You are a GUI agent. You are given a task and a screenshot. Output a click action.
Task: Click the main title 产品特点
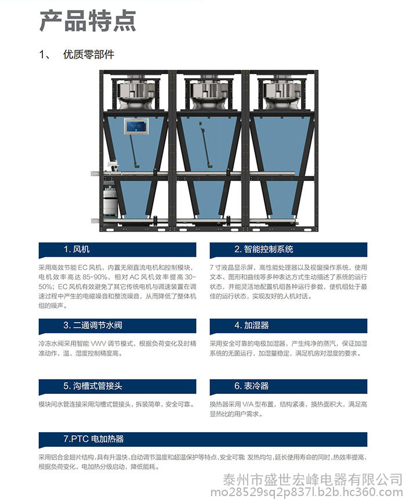pyautogui.click(x=88, y=21)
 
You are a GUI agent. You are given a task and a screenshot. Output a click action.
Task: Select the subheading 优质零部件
pyautogui.click(x=89, y=55)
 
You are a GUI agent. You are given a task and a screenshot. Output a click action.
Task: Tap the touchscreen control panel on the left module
pyautogui.click(x=136, y=126)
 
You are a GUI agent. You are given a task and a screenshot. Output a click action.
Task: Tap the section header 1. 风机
pyautogui.click(x=77, y=249)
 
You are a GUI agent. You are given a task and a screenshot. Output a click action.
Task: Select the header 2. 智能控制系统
pyautogui.click(x=264, y=249)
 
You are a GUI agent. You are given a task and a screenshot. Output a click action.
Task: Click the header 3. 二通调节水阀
pyautogui.click(x=93, y=326)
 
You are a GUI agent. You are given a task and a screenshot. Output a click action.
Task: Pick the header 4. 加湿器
pyautogui.click(x=252, y=326)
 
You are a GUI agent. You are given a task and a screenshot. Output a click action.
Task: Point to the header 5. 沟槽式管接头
pyautogui.click(x=93, y=386)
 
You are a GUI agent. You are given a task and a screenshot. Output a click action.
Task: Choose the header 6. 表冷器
pyautogui.click(x=252, y=386)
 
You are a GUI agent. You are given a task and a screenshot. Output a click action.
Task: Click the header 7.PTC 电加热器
pyautogui.click(x=93, y=439)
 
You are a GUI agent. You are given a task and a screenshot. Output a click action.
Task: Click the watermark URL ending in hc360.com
pyautogui.click(x=307, y=492)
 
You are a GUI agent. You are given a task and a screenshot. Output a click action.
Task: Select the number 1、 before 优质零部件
pyautogui.click(x=45, y=55)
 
